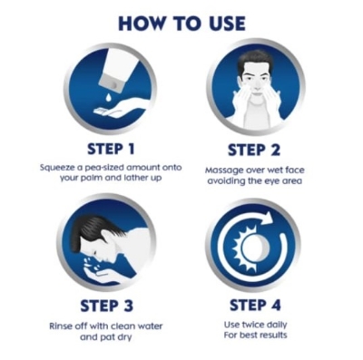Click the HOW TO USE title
(181, 24)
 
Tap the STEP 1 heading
(111, 149)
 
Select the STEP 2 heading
(254, 151)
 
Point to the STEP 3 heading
(106, 306)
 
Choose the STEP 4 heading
(255, 305)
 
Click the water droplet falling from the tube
(108, 98)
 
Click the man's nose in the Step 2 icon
(257, 85)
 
